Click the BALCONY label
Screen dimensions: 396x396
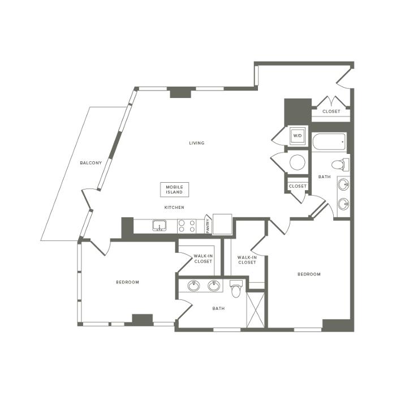point(91,163)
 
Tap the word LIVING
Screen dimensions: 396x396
point(197,143)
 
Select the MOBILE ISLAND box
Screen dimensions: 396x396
point(174,190)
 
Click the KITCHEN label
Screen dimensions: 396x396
point(174,208)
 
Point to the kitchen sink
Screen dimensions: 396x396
point(160,225)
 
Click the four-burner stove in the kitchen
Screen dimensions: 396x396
point(187,226)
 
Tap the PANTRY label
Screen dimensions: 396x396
point(208,226)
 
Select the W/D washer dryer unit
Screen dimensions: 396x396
point(298,136)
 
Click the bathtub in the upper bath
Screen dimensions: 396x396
point(329,141)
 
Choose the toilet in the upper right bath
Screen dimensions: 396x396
point(340,165)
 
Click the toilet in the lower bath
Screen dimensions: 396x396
point(236,289)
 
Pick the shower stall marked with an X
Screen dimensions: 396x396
point(255,310)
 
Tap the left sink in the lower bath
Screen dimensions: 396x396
point(193,286)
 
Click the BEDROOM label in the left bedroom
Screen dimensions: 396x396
point(127,282)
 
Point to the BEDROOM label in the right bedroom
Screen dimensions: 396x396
point(309,274)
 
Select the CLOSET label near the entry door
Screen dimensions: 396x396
point(332,111)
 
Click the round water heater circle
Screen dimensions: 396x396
point(297,162)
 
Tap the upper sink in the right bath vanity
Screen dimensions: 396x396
point(343,184)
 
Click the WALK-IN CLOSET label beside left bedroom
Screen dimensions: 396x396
point(203,259)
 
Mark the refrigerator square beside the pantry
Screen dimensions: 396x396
point(222,224)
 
